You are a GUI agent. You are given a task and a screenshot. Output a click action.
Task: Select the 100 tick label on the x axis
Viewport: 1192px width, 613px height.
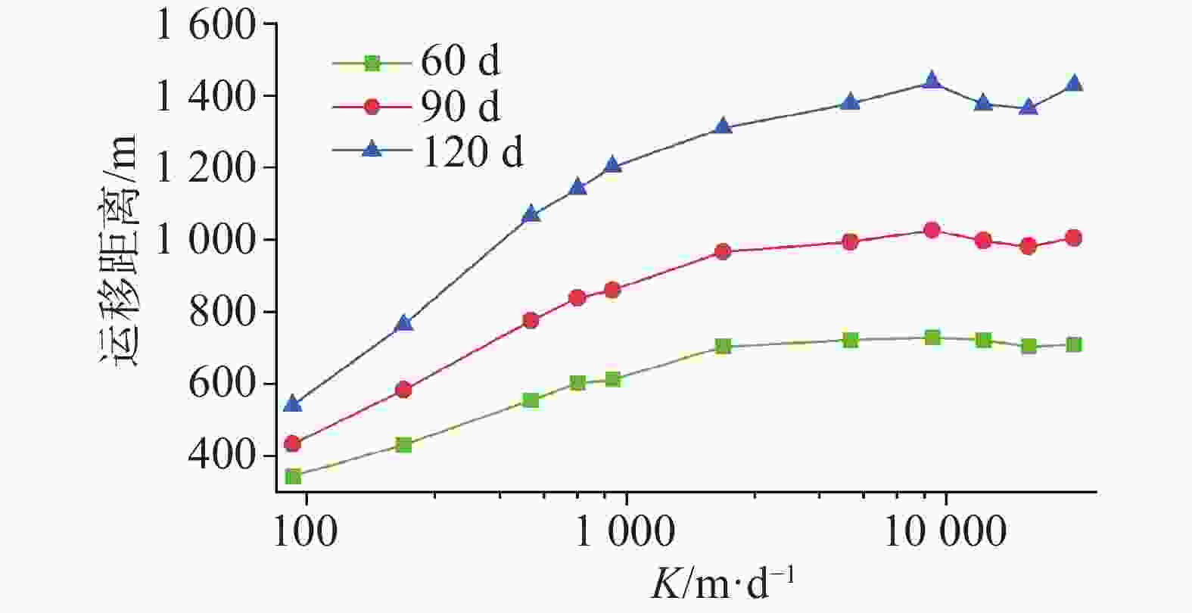point(304,532)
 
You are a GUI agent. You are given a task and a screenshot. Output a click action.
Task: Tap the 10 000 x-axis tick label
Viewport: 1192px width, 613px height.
point(946,532)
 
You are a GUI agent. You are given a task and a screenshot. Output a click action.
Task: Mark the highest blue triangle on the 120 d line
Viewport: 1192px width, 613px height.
point(932,80)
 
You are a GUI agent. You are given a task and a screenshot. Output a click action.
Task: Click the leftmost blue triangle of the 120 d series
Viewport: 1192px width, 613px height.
point(293,404)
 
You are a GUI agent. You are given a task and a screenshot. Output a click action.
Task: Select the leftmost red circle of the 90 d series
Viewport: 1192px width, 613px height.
point(293,443)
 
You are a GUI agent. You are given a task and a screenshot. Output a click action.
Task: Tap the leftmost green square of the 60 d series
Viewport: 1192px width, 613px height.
point(293,476)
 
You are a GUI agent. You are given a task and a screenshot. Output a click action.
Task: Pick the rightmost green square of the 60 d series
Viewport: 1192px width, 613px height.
point(1073,345)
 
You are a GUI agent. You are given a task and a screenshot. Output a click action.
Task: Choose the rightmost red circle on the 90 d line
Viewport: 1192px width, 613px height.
point(1073,238)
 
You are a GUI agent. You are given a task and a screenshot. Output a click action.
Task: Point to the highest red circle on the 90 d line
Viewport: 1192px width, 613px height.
point(932,230)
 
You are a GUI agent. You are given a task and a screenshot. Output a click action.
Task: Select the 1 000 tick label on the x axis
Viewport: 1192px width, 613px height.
point(626,532)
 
